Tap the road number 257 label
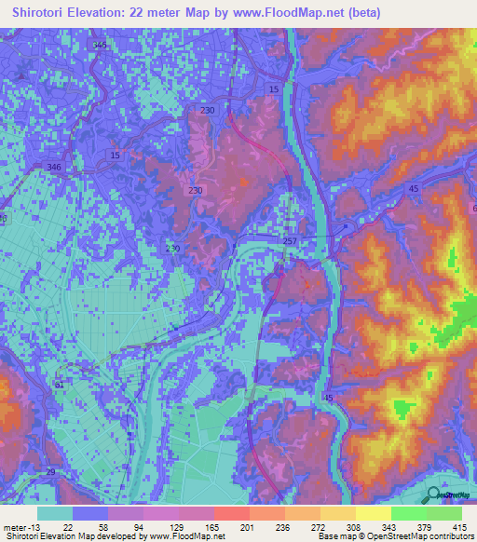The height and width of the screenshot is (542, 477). pos(291,240)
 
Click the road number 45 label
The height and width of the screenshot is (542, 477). pos(413,189)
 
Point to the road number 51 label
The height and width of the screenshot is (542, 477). pos(60,383)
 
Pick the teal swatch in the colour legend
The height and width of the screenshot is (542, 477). pos(55,513)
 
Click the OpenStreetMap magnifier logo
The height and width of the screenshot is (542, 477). pos(432,495)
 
